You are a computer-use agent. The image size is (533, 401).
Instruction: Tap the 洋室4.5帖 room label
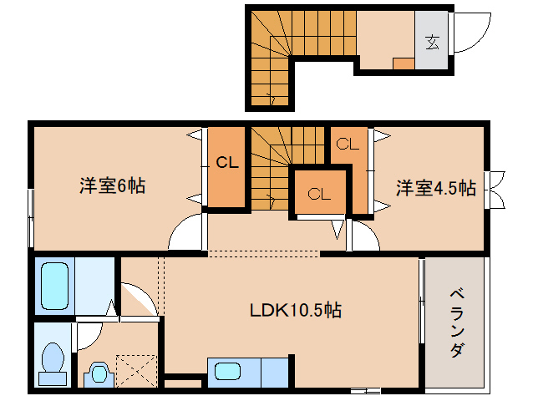(x=436, y=189)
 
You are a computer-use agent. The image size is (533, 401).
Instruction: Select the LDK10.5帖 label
(x=295, y=310)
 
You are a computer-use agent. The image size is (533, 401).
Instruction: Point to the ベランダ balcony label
(x=456, y=322)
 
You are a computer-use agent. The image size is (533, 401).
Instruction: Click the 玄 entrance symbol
(x=432, y=40)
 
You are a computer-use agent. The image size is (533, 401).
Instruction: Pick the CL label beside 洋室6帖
(x=227, y=163)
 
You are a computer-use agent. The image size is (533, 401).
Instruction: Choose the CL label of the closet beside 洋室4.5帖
(x=348, y=144)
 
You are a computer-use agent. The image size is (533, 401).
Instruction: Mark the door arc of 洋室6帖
(x=187, y=232)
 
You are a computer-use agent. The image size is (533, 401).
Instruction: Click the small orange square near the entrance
(x=403, y=63)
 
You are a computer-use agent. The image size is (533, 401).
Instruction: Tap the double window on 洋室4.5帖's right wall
(x=496, y=189)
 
